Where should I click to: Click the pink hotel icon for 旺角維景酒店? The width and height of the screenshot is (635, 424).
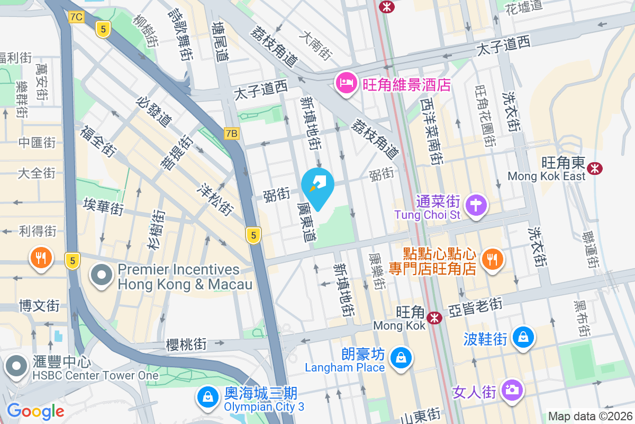pyautogui.click(x=346, y=84)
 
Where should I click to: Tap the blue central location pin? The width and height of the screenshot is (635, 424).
pyautogui.click(x=317, y=187)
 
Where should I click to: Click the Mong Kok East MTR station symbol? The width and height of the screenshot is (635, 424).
pyautogui.click(x=595, y=169)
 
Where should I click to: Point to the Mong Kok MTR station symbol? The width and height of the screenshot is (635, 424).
pyautogui.click(x=435, y=317)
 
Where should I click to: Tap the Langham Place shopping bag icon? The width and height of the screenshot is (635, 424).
pyautogui.click(x=401, y=359)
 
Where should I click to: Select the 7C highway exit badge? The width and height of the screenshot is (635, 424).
pyautogui.click(x=76, y=17)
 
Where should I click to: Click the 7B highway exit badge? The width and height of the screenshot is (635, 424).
pyautogui.click(x=231, y=134)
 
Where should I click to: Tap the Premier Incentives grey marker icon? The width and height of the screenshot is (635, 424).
pyautogui.click(x=102, y=277)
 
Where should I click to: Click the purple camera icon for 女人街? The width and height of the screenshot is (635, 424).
pyautogui.click(x=512, y=391)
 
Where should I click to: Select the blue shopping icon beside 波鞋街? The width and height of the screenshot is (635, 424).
pyautogui.click(x=523, y=337)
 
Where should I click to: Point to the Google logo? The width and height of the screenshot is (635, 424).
pyautogui.click(x=35, y=411)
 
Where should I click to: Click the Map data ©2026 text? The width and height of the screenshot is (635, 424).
pyautogui.click(x=589, y=416)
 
